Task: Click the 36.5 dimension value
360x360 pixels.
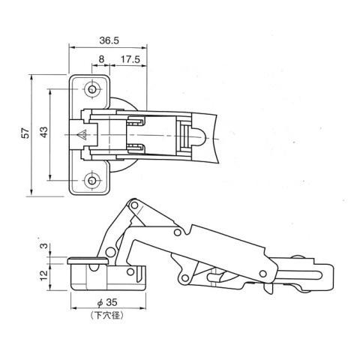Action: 109,40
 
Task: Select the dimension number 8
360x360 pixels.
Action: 101,59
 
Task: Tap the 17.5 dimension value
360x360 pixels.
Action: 130,59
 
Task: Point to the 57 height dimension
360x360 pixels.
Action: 25,133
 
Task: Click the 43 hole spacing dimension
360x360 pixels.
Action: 43,132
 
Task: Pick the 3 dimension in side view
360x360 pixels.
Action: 43,246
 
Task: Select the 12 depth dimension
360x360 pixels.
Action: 44,275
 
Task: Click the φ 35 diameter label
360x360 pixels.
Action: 107,302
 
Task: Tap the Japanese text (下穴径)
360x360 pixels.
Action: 107,316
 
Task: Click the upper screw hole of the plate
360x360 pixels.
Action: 92,89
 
